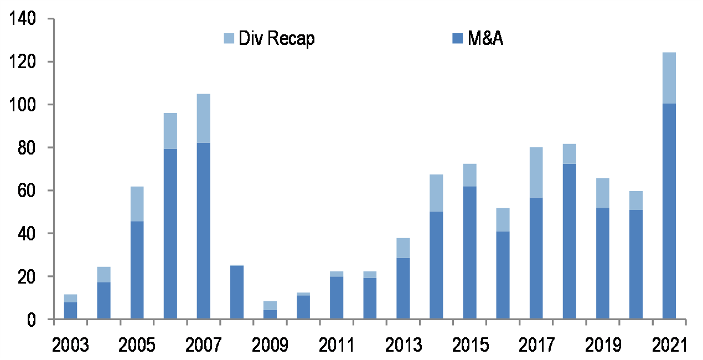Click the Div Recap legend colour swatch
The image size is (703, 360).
click(x=229, y=38)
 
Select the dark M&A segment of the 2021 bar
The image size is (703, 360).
click(x=669, y=210)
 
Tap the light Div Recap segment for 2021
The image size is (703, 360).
click(x=669, y=78)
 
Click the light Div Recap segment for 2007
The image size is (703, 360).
click(x=204, y=119)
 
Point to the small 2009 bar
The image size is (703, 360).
click(x=270, y=311)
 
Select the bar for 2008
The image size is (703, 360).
click(x=237, y=292)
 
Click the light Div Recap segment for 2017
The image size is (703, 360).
click(x=536, y=172)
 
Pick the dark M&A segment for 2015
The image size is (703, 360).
click(x=469, y=253)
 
